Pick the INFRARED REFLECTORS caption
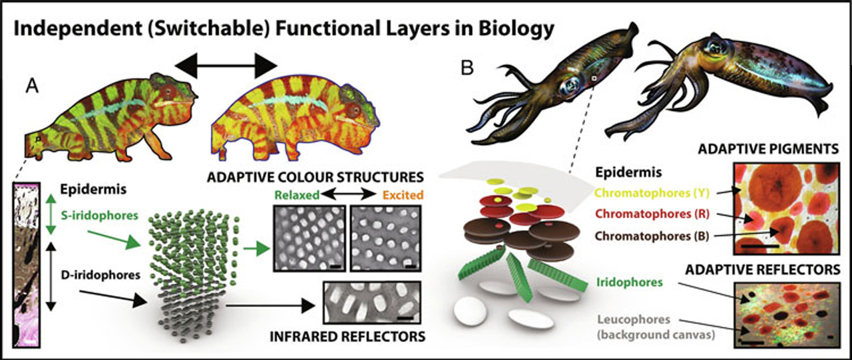347,337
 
